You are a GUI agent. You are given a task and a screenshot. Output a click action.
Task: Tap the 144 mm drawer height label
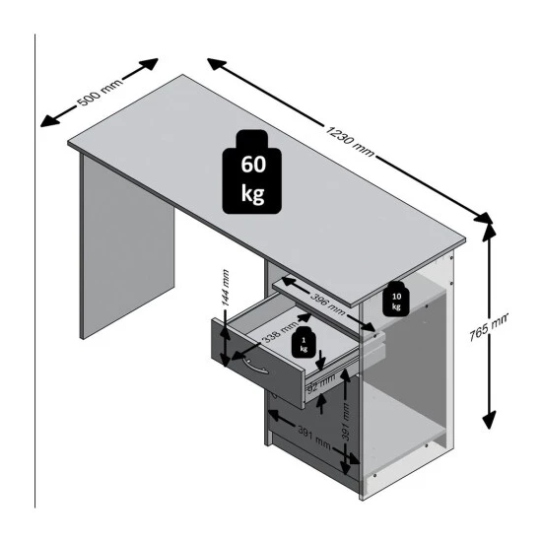click(x=226, y=287)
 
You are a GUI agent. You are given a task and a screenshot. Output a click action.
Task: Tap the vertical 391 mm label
click(x=347, y=419)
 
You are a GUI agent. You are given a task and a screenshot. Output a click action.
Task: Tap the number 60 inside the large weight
click(x=251, y=164)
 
